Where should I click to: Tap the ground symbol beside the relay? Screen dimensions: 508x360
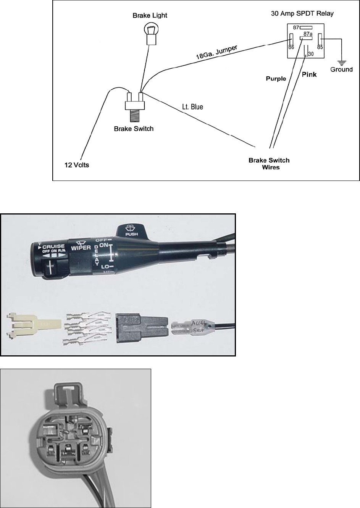[x=341, y=61]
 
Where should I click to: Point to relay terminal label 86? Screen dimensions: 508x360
[x=291, y=47]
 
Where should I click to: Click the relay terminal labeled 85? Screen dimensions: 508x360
[x=320, y=47]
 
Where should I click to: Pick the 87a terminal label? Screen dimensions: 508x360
[x=308, y=34]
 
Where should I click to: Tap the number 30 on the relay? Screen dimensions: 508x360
[x=311, y=54]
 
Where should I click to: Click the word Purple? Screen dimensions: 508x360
[x=276, y=79]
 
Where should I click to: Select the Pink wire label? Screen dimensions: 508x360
[x=309, y=74]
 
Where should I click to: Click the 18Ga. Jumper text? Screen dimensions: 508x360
[x=216, y=52]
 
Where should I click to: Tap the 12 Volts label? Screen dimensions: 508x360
[x=76, y=165]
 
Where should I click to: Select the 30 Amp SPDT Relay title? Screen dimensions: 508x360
[x=302, y=13]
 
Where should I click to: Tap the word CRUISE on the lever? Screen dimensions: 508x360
[x=53, y=247]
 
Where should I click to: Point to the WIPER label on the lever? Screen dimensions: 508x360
[x=80, y=248]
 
